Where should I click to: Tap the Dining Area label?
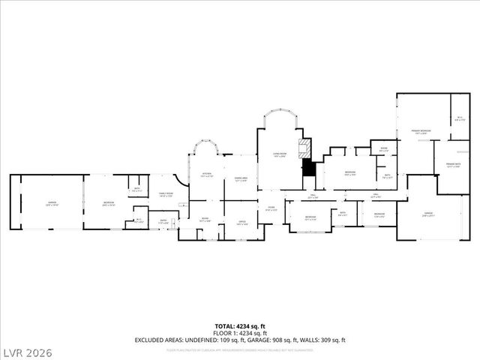coord(241,180)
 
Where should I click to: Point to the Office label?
coord(242,222)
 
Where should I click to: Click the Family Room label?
coord(165,194)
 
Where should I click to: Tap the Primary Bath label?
coord(452,165)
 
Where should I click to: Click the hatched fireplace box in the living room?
coord(304,146)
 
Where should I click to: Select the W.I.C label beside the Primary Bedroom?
coord(460,118)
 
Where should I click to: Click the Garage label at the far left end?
coord(52,204)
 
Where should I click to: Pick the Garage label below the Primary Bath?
coord(428,214)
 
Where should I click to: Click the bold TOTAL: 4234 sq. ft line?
coord(239,326)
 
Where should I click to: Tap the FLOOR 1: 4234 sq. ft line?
coord(239,333)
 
